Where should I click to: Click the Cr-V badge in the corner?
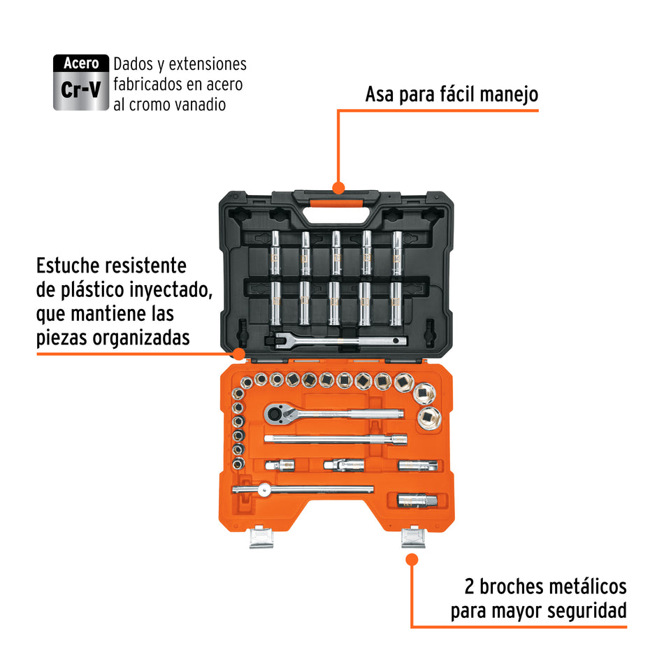[x=81, y=82]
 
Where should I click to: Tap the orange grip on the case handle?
[x=338, y=203]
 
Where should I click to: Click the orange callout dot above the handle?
[x=338, y=187]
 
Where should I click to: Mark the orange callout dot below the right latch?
[x=412, y=559]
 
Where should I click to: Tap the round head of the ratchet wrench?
[x=275, y=414]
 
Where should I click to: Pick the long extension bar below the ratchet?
[x=335, y=439]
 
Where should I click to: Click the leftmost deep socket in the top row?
[x=275, y=253]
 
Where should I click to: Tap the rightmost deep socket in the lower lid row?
[x=396, y=302]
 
